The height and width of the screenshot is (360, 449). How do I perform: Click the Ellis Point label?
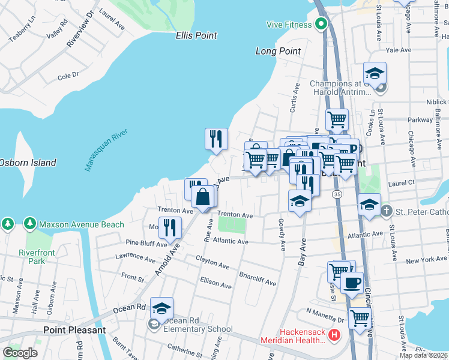(196, 36)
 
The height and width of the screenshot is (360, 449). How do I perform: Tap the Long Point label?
(278, 51)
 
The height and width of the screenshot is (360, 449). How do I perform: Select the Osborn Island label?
(27, 163)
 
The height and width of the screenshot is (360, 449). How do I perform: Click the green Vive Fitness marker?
(321, 25)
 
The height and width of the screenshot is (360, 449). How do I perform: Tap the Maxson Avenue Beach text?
(82, 225)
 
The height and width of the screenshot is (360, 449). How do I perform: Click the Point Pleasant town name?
(74, 330)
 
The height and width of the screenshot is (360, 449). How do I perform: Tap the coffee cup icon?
(352, 283)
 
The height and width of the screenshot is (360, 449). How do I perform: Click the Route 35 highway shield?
(337, 195)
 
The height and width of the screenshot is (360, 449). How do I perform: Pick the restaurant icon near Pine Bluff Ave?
(170, 228)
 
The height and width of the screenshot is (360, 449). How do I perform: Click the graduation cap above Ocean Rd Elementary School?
(161, 308)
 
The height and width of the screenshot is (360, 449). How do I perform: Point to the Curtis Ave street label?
(294, 98)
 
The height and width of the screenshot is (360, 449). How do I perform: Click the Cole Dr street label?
(68, 76)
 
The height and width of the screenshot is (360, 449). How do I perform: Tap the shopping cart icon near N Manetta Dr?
(360, 319)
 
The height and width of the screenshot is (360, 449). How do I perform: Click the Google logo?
(20, 353)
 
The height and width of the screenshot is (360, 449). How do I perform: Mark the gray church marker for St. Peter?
(385, 211)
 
